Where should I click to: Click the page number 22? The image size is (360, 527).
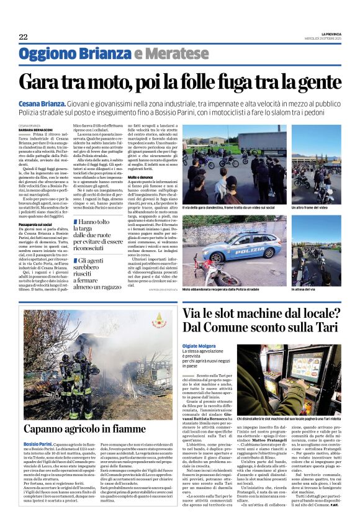coord(23,37)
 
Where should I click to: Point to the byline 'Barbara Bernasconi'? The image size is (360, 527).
coord(37,129)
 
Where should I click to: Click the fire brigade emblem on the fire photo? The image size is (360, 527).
coord(161,322)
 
